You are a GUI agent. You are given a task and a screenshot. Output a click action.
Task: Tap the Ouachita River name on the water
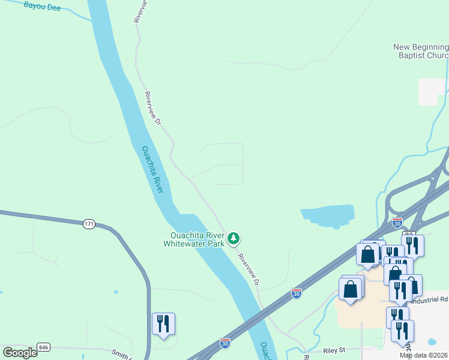(x=152, y=170)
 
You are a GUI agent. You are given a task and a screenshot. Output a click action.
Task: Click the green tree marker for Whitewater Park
(x=234, y=239)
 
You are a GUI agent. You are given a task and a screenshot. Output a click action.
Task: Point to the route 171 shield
(x=89, y=224)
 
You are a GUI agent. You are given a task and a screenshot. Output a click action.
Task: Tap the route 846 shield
(x=43, y=347)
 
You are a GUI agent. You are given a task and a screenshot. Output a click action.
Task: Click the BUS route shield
(x=409, y=233)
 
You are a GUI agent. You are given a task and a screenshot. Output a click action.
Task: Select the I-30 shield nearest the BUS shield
(x=397, y=223)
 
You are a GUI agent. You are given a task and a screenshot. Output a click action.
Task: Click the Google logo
(x=20, y=352)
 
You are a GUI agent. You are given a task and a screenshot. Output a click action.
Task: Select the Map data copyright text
(x=424, y=355)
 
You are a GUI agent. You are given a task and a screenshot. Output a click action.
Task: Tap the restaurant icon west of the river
(x=163, y=323)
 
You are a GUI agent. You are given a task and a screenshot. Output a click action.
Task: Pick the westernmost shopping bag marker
(x=351, y=288)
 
